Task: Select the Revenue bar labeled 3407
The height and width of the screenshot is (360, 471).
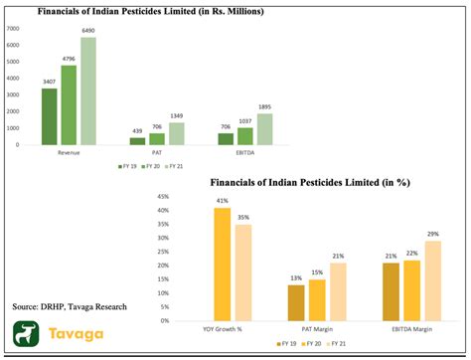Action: (49, 116)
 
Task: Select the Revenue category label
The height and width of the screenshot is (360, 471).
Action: (70, 154)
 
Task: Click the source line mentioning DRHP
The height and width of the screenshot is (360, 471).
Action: (70, 306)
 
